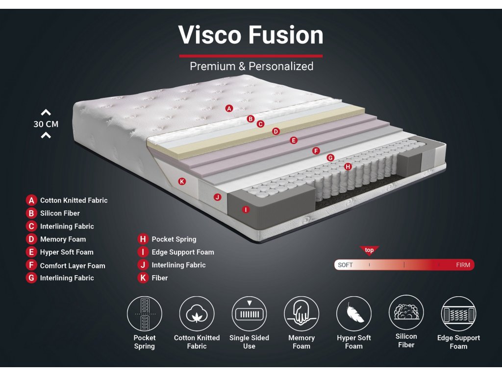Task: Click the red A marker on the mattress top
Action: coord(229,108)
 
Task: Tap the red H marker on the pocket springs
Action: coord(348,166)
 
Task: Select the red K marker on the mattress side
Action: coord(182,182)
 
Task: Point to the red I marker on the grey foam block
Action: coord(246,210)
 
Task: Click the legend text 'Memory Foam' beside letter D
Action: coord(63,239)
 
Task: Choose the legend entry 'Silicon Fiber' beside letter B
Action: coord(60,213)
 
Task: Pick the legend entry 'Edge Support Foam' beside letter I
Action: coord(183,252)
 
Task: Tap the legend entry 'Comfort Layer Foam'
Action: coord(73,265)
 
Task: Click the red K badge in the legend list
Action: coord(143,278)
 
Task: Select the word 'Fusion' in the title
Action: coord(286,35)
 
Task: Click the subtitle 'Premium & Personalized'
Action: coord(251,66)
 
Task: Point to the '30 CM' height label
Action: coord(46,124)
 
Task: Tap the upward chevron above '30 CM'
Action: coord(46,113)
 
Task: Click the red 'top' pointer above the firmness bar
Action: coord(369,251)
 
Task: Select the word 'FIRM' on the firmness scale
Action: coord(462,265)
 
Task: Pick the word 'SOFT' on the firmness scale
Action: coord(345,265)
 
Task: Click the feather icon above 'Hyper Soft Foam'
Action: coord(353,313)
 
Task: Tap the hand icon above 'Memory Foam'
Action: coord(301,313)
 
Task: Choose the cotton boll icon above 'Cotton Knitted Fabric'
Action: coord(197,313)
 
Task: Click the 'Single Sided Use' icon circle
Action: coord(249,313)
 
